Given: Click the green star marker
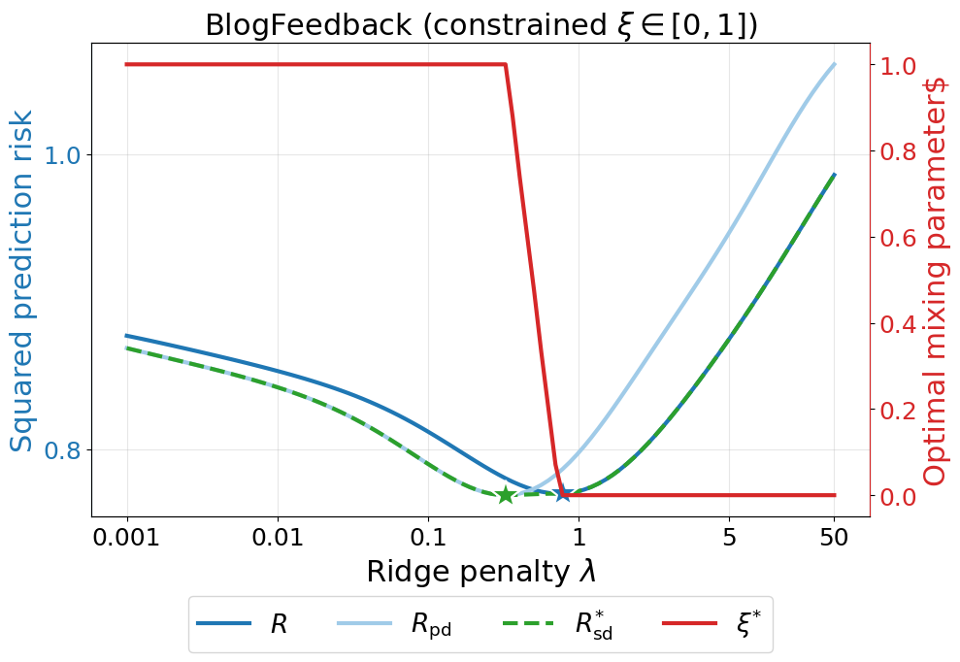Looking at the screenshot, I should (506, 495).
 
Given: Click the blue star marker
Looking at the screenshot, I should (563, 494).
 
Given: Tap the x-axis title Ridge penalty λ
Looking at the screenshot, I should (480, 572).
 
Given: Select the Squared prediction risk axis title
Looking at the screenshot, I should (22, 281).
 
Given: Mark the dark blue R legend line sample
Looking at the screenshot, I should (224, 624).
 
